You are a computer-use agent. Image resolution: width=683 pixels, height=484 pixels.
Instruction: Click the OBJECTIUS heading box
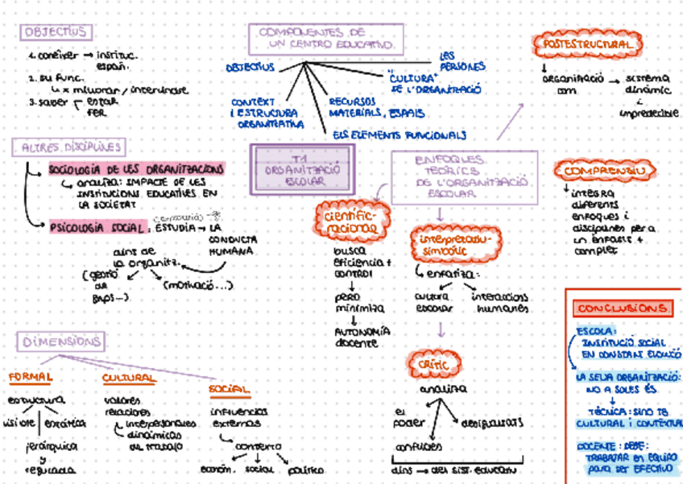56,32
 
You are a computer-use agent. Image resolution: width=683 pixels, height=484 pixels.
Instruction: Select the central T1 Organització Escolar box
301,169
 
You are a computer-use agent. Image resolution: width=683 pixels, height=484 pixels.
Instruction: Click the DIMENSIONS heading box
60,341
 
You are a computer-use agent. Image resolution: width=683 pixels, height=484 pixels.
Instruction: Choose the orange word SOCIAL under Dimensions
229,390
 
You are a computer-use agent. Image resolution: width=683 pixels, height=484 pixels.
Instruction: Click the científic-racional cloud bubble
352,221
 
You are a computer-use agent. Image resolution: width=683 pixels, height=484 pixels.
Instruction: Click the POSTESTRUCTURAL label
587,44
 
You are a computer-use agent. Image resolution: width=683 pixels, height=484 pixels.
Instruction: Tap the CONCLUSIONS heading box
622,308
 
